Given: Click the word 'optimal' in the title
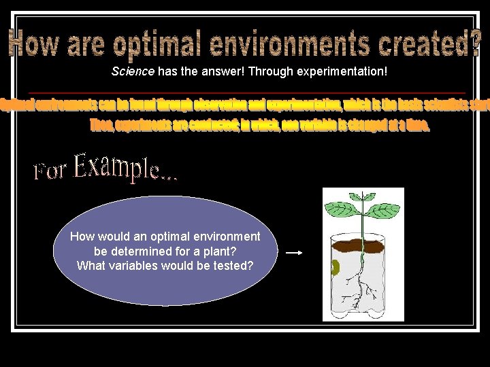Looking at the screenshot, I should (157, 45).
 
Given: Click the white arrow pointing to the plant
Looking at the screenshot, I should (294, 252).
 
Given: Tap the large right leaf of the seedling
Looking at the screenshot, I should (385, 209).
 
